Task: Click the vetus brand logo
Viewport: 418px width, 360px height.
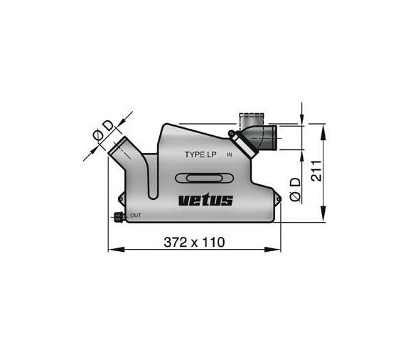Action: pyautogui.click(x=205, y=200)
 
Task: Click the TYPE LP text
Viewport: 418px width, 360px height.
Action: pyautogui.click(x=201, y=154)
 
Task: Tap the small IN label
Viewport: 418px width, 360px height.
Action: pyautogui.click(x=229, y=154)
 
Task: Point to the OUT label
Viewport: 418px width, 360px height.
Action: pyautogui.click(x=136, y=215)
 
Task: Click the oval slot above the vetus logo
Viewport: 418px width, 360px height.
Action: pyautogui.click(x=204, y=179)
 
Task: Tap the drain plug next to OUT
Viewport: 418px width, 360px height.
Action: pyautogui.click(x=119, y=216)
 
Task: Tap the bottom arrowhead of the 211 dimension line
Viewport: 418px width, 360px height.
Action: pyautogui.click(x=325, y=217)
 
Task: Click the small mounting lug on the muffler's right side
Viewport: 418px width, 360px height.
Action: pyautogui.click(x=273, y=191)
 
